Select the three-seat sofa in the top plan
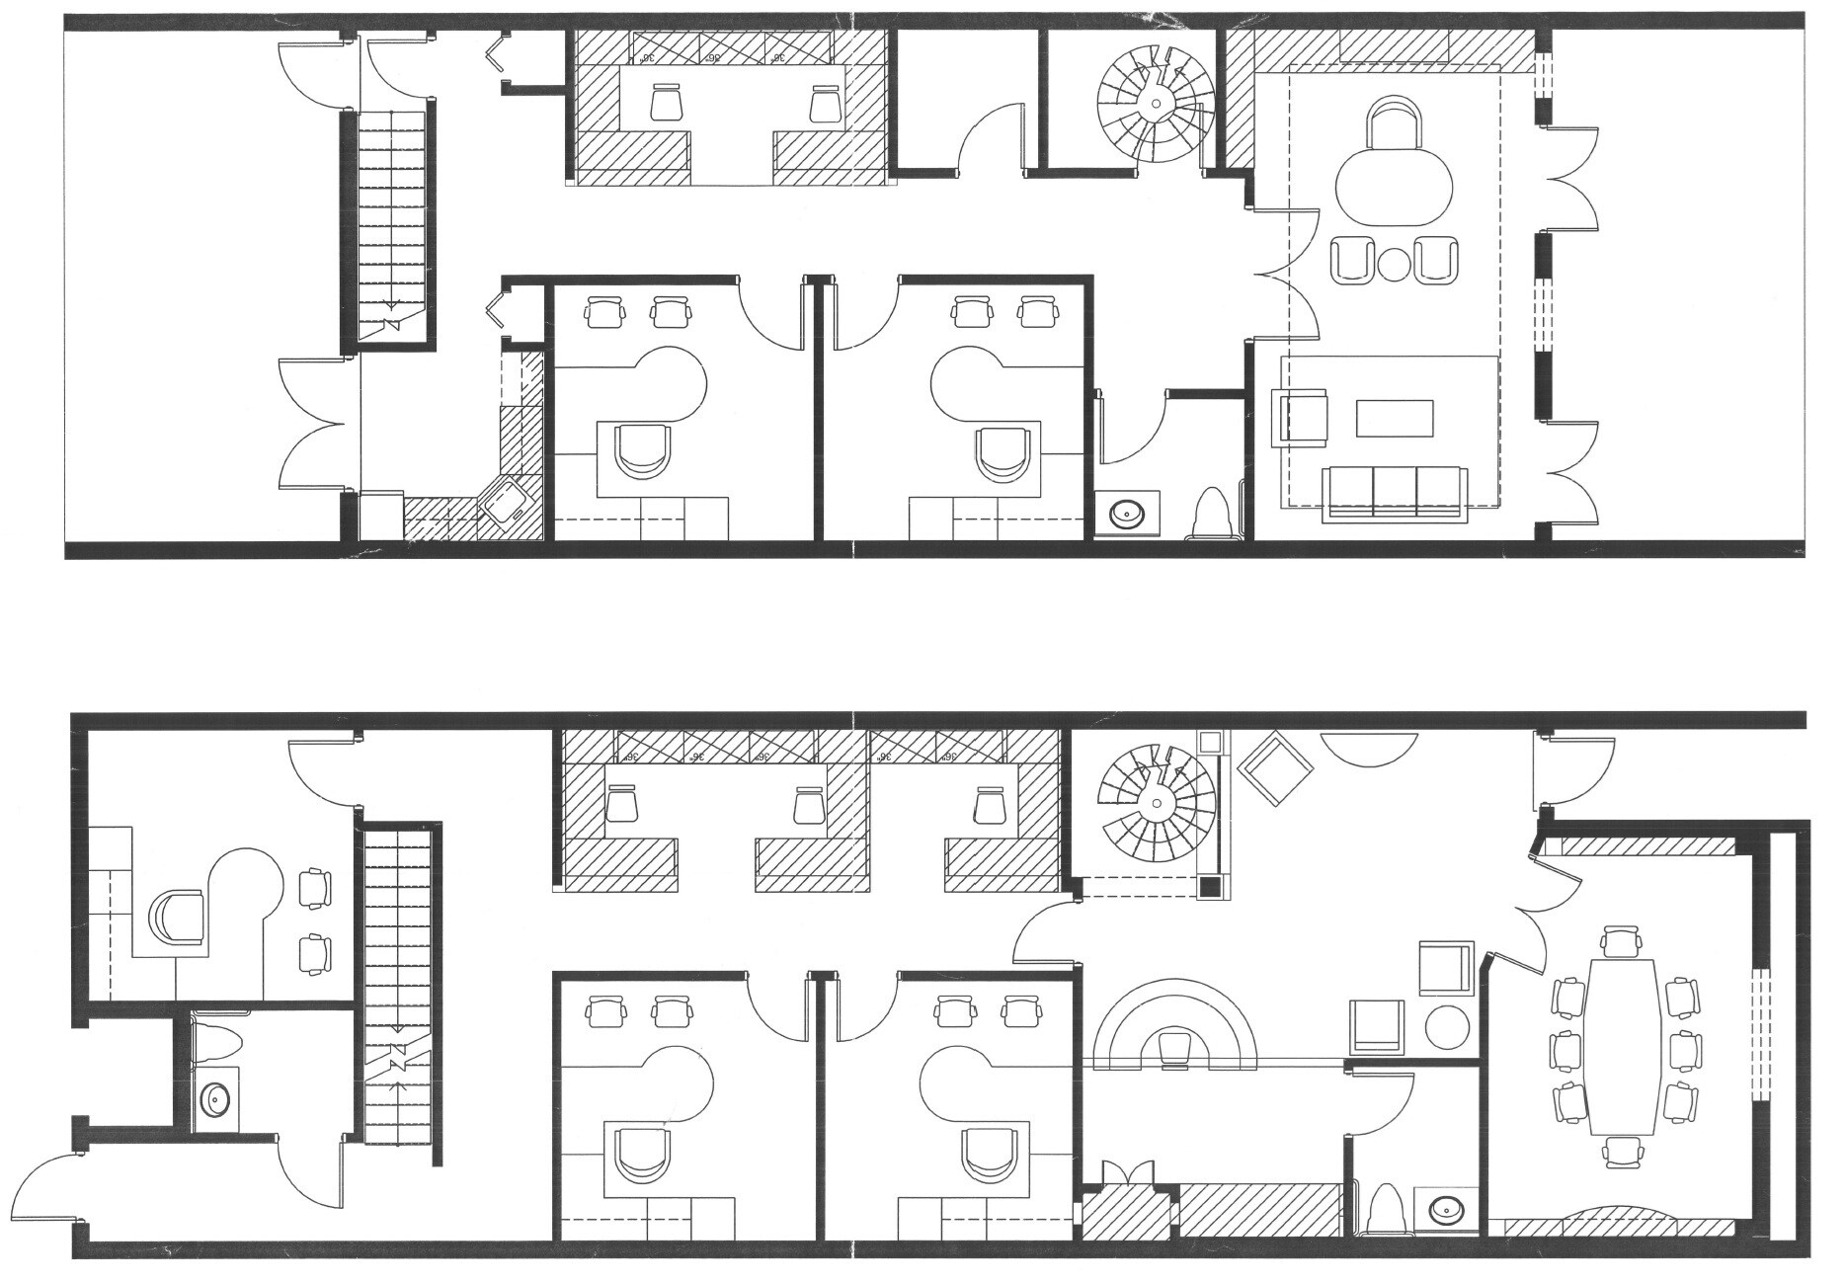1396,492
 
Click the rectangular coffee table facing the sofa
1394,418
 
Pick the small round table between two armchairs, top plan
1394,263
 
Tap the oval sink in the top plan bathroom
1127,514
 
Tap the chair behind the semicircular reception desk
1175,1048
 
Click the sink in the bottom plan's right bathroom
1447,1207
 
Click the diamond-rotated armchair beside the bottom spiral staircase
1278,768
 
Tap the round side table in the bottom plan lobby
1447,1027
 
